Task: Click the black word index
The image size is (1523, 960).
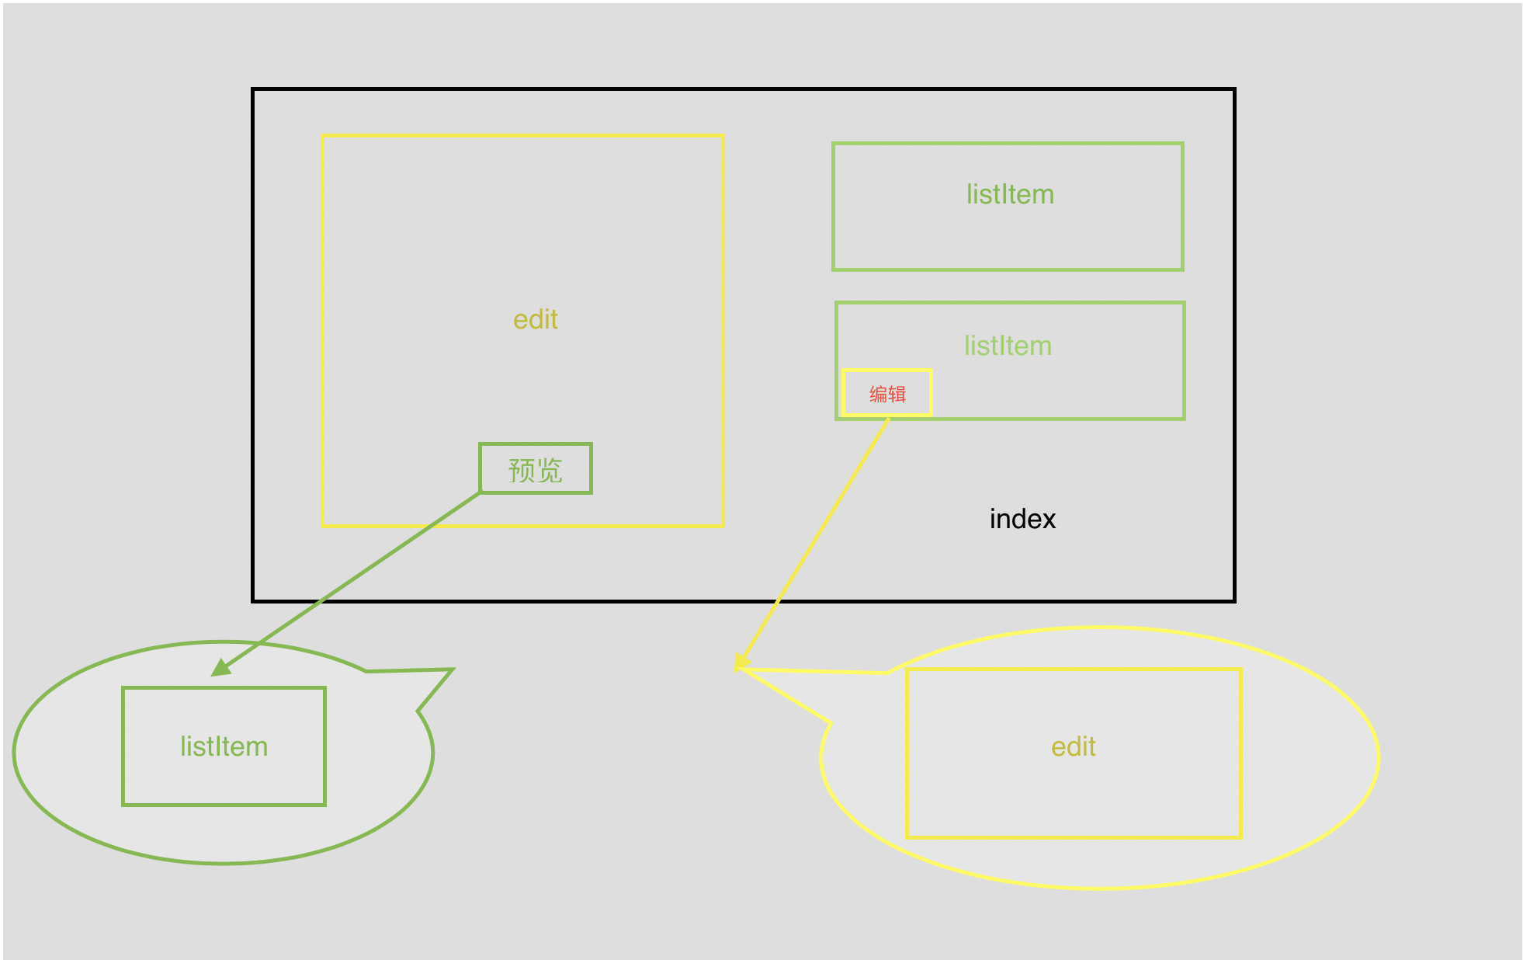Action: pos(1022,519)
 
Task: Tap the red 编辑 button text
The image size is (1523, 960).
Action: pos(887,394)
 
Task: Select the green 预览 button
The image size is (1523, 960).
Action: pos(536,468)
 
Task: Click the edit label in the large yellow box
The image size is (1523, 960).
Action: pos(536,319)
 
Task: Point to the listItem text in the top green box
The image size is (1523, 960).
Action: pos(1010,194)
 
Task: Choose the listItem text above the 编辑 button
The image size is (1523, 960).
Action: pos(1008,346)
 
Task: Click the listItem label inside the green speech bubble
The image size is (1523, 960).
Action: pos(224,746)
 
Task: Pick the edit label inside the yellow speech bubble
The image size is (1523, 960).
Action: pos(1074,746)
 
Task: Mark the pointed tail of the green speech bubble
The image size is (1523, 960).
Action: pos(452,670)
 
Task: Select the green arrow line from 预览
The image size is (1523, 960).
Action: pos(349,581)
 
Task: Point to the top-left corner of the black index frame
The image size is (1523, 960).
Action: pos(254,90)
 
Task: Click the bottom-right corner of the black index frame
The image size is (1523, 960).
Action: pos(1233,600)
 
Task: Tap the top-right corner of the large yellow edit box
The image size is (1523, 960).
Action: pos(723,136)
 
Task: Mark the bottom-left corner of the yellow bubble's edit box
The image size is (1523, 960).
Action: pos(907,837)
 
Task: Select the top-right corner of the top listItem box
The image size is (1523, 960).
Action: pos(1182,144)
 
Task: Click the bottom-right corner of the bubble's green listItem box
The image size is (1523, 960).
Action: pos(324,804)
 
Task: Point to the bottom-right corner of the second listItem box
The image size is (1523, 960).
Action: pos(1184,419)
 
